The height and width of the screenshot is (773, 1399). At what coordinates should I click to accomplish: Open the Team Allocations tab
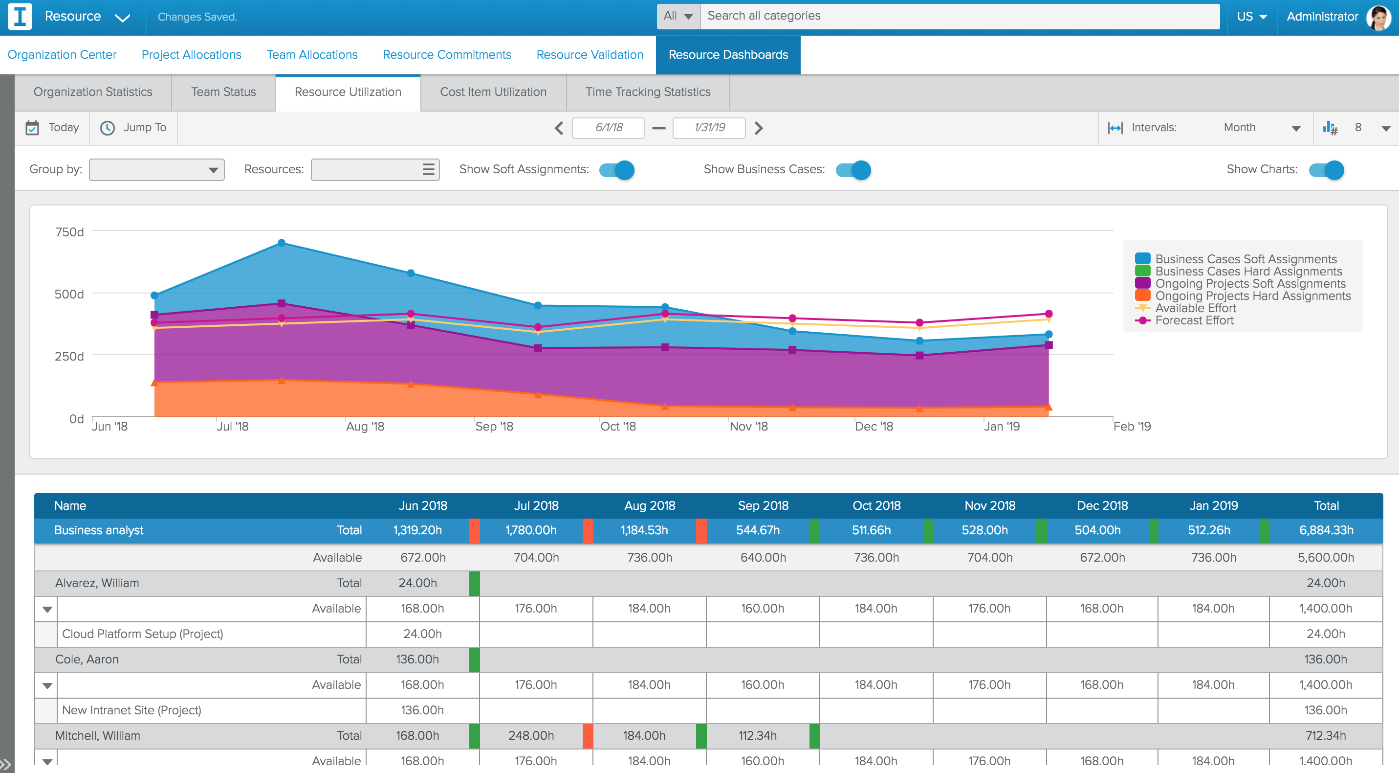point(312,55)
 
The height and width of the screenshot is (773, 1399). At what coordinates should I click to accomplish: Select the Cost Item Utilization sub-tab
point(493,92)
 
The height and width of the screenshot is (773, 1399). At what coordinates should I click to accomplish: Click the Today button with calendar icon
point(53,127)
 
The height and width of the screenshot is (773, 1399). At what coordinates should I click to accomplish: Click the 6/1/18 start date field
point(608,127)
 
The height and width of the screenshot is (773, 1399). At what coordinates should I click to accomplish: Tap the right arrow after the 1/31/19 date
point(759,128)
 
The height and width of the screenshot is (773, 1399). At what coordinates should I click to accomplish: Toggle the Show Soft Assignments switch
point(617,170)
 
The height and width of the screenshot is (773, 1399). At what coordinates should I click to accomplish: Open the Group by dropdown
point(156,170)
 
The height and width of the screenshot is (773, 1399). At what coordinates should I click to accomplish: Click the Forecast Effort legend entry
point(1194,321)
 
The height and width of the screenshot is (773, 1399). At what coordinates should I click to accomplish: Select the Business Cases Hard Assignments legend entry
point(1247,271)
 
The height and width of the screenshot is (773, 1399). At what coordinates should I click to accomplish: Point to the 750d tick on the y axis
point(69,232)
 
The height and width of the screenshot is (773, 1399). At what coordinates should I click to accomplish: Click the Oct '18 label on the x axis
point(617,426)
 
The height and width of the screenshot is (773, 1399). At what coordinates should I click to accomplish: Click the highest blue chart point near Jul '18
point(282,243)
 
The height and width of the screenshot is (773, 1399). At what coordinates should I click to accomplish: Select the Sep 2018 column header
point(763,505)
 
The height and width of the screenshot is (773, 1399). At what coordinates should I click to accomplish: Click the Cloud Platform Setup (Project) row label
point(142,634)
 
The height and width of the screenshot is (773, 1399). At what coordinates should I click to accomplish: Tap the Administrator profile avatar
point(1378,17)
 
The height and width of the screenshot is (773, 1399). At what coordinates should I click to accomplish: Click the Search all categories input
point(959,16)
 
